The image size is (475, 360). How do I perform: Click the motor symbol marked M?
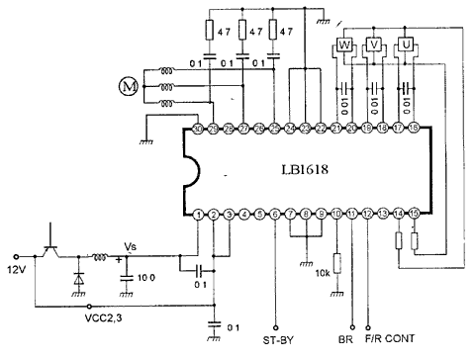(127, 87)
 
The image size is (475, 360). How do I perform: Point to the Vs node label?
(131, 247)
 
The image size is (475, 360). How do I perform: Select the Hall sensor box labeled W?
(346, 46)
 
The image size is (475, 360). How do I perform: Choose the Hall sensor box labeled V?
(374, 46)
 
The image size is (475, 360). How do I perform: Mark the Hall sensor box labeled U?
(403, 46)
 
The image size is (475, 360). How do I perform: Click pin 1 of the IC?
(199, 215)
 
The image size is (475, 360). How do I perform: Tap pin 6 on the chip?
(275, 215)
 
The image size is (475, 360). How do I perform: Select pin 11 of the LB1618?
(351, 215)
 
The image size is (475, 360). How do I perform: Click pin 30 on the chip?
(198, 129)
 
